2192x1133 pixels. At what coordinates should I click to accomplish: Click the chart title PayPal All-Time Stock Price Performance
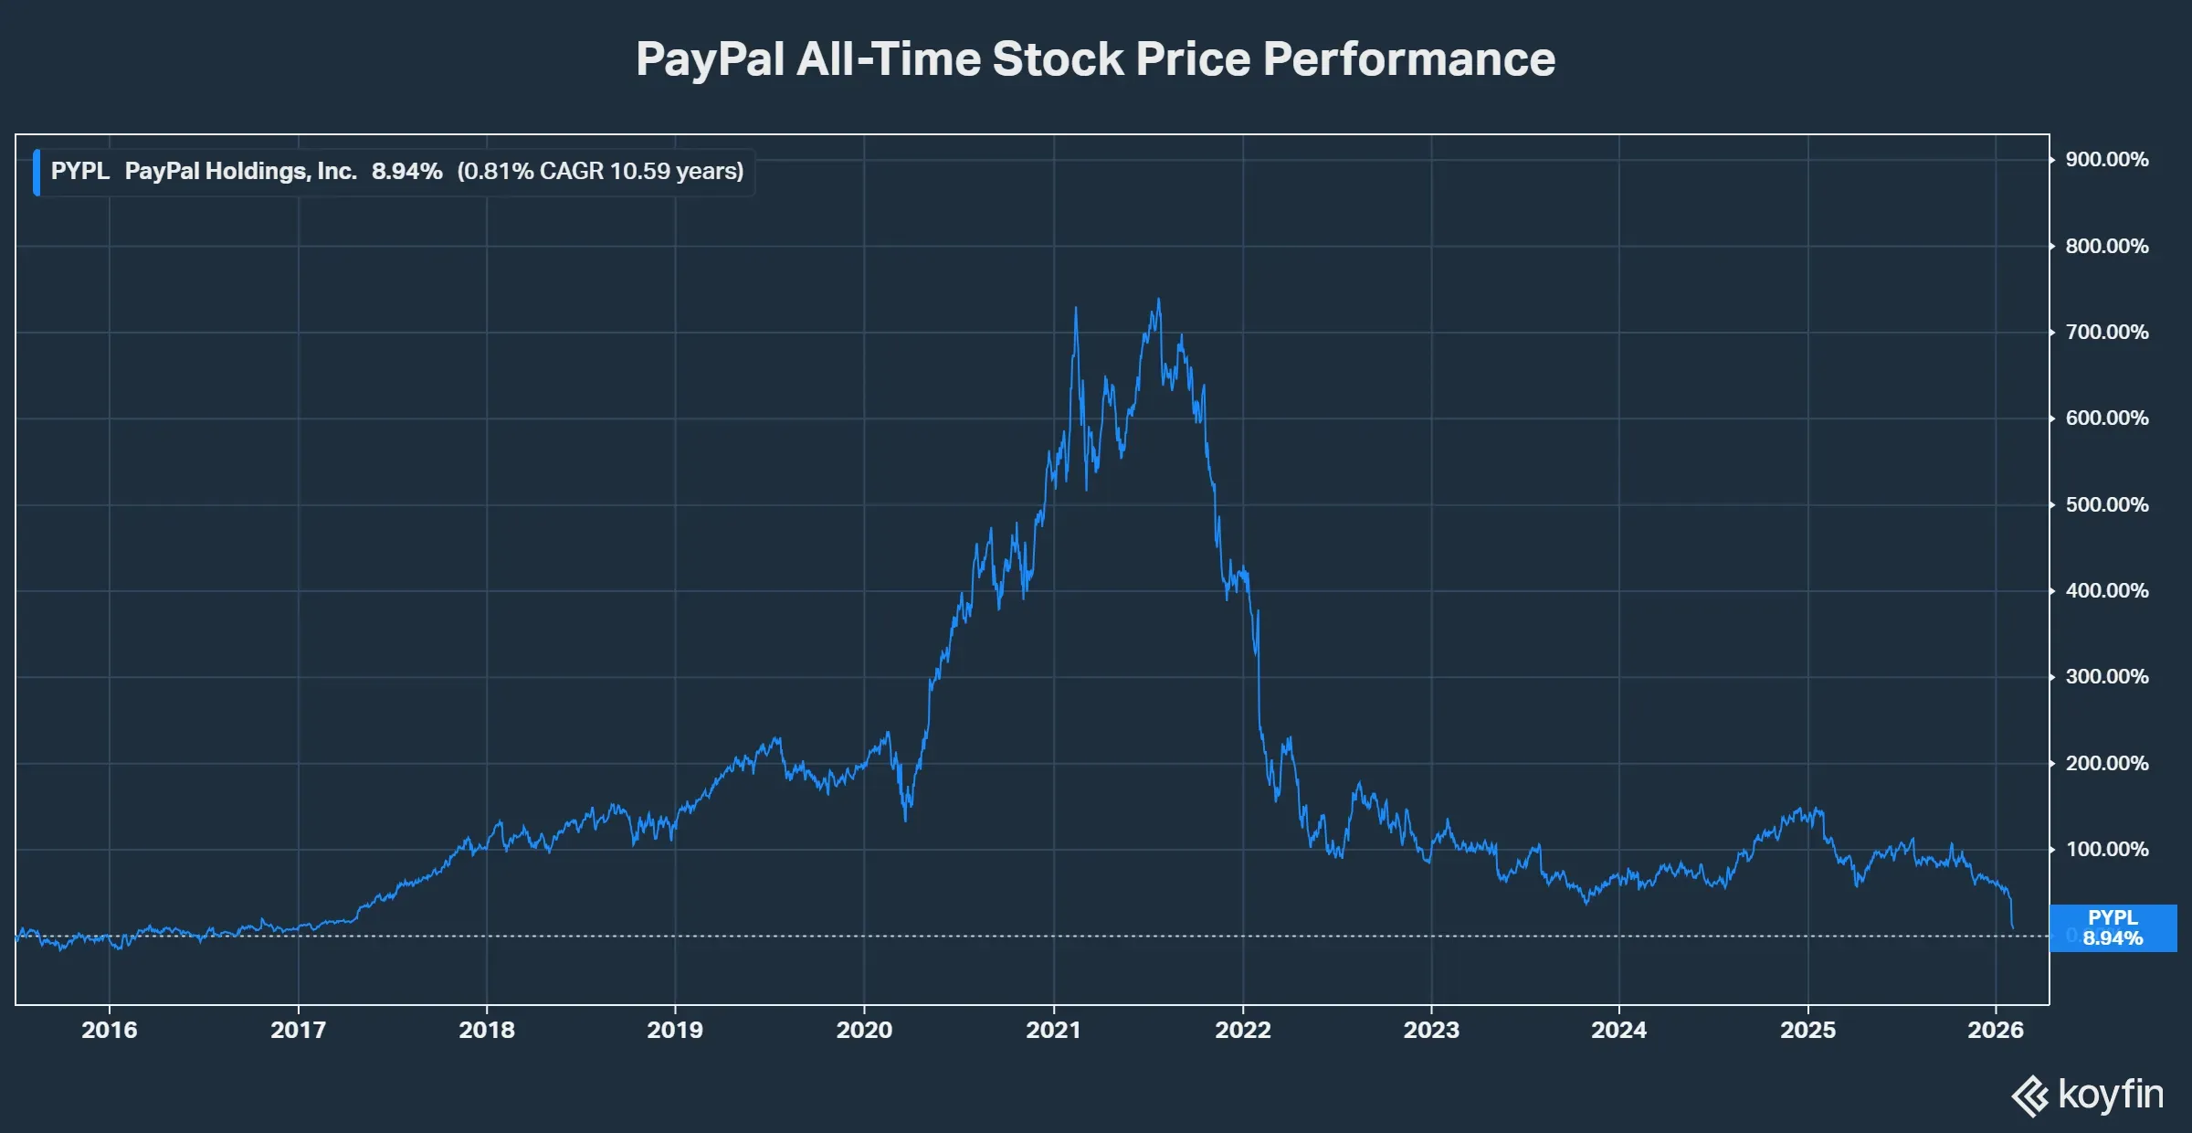click(x=1095, y=59)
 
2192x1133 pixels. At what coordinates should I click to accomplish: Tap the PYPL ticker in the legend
click(x=79, y=172)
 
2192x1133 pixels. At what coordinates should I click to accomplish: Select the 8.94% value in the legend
click(x=406, y=172)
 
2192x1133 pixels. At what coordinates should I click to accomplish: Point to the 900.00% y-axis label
click(x=2106, y=160)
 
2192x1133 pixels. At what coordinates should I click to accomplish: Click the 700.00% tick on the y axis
click(x=2106, y=333)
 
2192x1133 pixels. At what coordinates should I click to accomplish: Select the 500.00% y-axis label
click(x=2106, y=505)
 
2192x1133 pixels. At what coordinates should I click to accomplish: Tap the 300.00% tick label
click(x=2106, y=677)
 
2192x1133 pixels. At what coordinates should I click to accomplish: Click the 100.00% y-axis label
click(x=2106, y=850)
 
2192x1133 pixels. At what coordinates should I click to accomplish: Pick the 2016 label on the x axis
click(x=110, y=1030)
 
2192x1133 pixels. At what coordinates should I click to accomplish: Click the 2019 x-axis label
click(x=675, y=1030)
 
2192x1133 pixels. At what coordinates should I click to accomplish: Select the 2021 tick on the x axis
click(x=1053, y=1030)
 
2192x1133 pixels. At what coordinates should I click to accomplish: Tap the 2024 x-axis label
click(x=1618, y=1030)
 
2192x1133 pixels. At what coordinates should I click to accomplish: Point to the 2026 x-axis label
click(x=1996, y=1030)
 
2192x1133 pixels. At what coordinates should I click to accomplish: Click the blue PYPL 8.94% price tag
click(x=2113, y=928)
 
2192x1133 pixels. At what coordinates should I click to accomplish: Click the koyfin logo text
click(x=2110, y=1095)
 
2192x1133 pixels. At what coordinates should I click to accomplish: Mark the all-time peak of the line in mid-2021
click(x=1159, y=300)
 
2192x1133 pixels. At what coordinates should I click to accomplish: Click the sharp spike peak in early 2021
click(x=1076, y=309)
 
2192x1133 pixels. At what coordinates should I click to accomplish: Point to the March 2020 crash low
click(x=905, y=820)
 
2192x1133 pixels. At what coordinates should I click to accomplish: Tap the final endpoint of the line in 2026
click(x=2013, y=928)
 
